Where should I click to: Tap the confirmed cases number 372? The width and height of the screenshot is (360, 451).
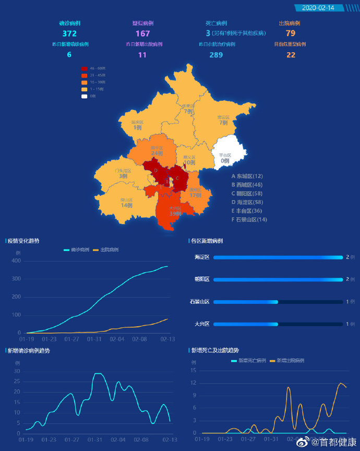click(69, 33)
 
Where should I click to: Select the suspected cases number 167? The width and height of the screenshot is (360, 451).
click(142, 33)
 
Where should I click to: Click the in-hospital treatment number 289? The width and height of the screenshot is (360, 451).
click(216, 55)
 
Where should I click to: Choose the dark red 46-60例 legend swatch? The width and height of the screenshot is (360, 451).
click(85, 68)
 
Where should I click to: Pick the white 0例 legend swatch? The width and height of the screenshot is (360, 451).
click(85, 96)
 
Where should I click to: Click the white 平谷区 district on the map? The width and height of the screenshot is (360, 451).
click(227, 152)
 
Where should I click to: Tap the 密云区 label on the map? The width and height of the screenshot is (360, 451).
click(223, 120)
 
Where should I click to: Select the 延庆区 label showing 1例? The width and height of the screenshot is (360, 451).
click(137, 125)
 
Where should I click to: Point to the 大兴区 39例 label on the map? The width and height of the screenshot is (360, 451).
click(175, 211)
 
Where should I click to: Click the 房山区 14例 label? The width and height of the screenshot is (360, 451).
click(126, 203)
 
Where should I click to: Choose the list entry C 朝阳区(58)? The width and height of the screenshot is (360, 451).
click(247, 194)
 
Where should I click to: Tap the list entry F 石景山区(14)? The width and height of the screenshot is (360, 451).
click(249, 220)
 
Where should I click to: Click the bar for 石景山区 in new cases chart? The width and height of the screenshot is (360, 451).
click(246, 302)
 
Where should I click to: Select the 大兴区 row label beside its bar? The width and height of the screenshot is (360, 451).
click(201, 324)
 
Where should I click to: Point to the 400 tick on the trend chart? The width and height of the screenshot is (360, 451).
click(16, 260)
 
